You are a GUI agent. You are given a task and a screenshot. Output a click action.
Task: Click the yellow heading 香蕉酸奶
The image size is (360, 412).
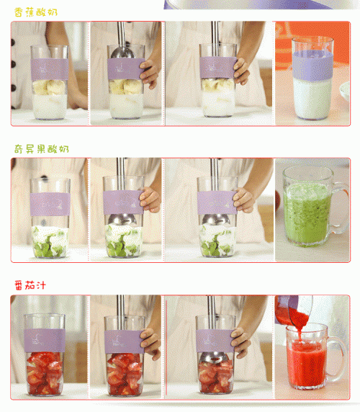(36, 12)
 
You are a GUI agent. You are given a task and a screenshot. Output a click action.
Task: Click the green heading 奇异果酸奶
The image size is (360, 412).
(42, 149)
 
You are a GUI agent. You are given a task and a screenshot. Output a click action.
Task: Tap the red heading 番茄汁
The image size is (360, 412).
(30, 285)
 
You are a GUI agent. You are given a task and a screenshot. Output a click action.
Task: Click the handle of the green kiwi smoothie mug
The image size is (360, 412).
(339, 207)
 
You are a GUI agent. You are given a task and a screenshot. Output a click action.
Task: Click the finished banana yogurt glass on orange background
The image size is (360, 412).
(312, 78)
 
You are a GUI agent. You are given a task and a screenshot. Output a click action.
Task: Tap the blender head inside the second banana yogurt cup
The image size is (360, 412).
(122, 53)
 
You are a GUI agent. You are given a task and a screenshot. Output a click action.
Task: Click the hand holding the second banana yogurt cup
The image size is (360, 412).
(150, 72)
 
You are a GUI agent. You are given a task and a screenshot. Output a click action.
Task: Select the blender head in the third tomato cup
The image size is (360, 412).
(214, 357)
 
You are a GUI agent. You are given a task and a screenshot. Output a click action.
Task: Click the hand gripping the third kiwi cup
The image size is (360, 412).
(244, 200)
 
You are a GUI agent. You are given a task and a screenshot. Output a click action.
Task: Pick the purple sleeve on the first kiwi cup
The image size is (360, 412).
(50, 204)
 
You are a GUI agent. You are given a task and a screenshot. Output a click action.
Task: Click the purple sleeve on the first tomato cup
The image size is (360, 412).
(45, 340)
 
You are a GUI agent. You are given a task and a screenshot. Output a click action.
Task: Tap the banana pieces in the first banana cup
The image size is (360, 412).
(49, 87)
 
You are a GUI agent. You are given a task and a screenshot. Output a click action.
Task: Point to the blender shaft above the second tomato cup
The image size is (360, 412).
(121, 312)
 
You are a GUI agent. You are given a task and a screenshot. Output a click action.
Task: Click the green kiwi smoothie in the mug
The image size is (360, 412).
(307, 214)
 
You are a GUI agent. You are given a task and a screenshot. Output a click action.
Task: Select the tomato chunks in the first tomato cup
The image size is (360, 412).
(45, 372)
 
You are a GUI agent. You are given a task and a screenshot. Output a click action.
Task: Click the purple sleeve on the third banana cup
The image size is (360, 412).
(217, 67)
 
